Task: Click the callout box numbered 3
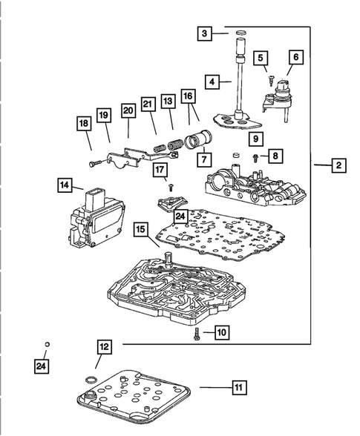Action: pyautogui.click(x=205, y=33)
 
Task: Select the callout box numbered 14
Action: pyautogui.click(x=65, y=185)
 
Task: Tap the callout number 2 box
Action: pyautogui.click(x=338, y=165)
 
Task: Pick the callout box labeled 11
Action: pyautogui.click(x=239, y=387)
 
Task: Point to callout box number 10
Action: pyautogui.click(x=222, y=332)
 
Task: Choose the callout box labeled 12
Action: pyautogui.click(x=104, y=347)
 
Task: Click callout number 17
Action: pyautogui.click(x=160, y=170)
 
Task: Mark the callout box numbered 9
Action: pyautogui.click(x=256, y=139)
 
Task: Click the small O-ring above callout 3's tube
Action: pyautogui.click(x=241, y=33)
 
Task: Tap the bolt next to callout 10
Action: pyautogui.click(x=197, y=333)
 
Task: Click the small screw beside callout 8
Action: pyautogui.click(x=255, y=159)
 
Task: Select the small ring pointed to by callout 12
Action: pyautogui.click(x=91, y=380)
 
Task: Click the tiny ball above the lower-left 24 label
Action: pyautogui.click(x=47, y=345)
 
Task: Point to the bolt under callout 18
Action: pyautogui.click(x=96, y=163)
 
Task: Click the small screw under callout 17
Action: pyautogui.click(x=171, y=188)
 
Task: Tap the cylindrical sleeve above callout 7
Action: pyautogui.click(x=199, y=140)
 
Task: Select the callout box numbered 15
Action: pyautogui.click(x=140, y=230)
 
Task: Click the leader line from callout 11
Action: pyautogui.click(x=216, y=387)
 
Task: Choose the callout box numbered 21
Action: pyautogui.click(x=148, y=104)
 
